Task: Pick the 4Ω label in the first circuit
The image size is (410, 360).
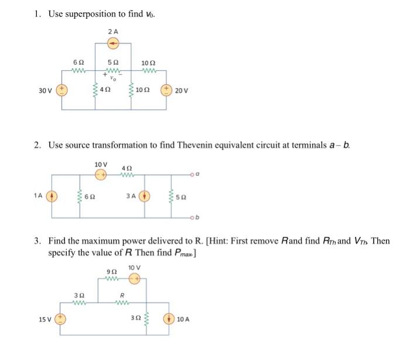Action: pos(106,90)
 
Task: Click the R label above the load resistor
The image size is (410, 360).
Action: pos(122,295)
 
